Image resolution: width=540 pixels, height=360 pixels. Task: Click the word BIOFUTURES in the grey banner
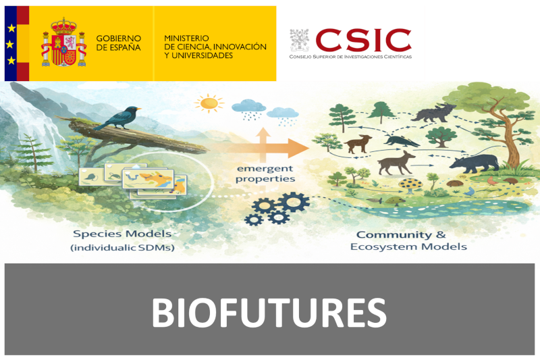[x=269, y=313]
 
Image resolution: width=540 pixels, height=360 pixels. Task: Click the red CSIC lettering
[x=363, y=40]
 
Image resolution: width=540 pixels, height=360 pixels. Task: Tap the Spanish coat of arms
[x=63, y=43]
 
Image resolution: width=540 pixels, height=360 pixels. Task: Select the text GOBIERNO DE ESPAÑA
[x=119, y=43]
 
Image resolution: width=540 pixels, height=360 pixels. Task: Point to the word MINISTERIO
[x=186, y=38]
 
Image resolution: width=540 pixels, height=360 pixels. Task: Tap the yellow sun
[x=209, y=103]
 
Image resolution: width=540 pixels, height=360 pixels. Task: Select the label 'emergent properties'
[x=265, y=174]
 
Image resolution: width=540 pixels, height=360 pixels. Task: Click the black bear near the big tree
[x=475, y=163]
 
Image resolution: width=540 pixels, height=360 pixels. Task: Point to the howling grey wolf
[x=433, y=112]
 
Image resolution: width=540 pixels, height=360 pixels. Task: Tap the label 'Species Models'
[x=122, y=234]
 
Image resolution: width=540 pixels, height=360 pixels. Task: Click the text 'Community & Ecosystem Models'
[x=408, y=240]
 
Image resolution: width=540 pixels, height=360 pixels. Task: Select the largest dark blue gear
[x=294, y=202]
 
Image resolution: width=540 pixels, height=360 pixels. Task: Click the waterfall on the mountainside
[x=38, y=131]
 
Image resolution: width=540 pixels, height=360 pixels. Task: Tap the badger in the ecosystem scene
[x=401, y=140]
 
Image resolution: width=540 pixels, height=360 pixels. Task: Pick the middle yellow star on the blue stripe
[x=10, y=45]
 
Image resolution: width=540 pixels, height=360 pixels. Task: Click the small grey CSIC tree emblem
[x=299, y=40]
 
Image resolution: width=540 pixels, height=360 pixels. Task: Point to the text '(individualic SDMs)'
[x=122, y=247]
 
